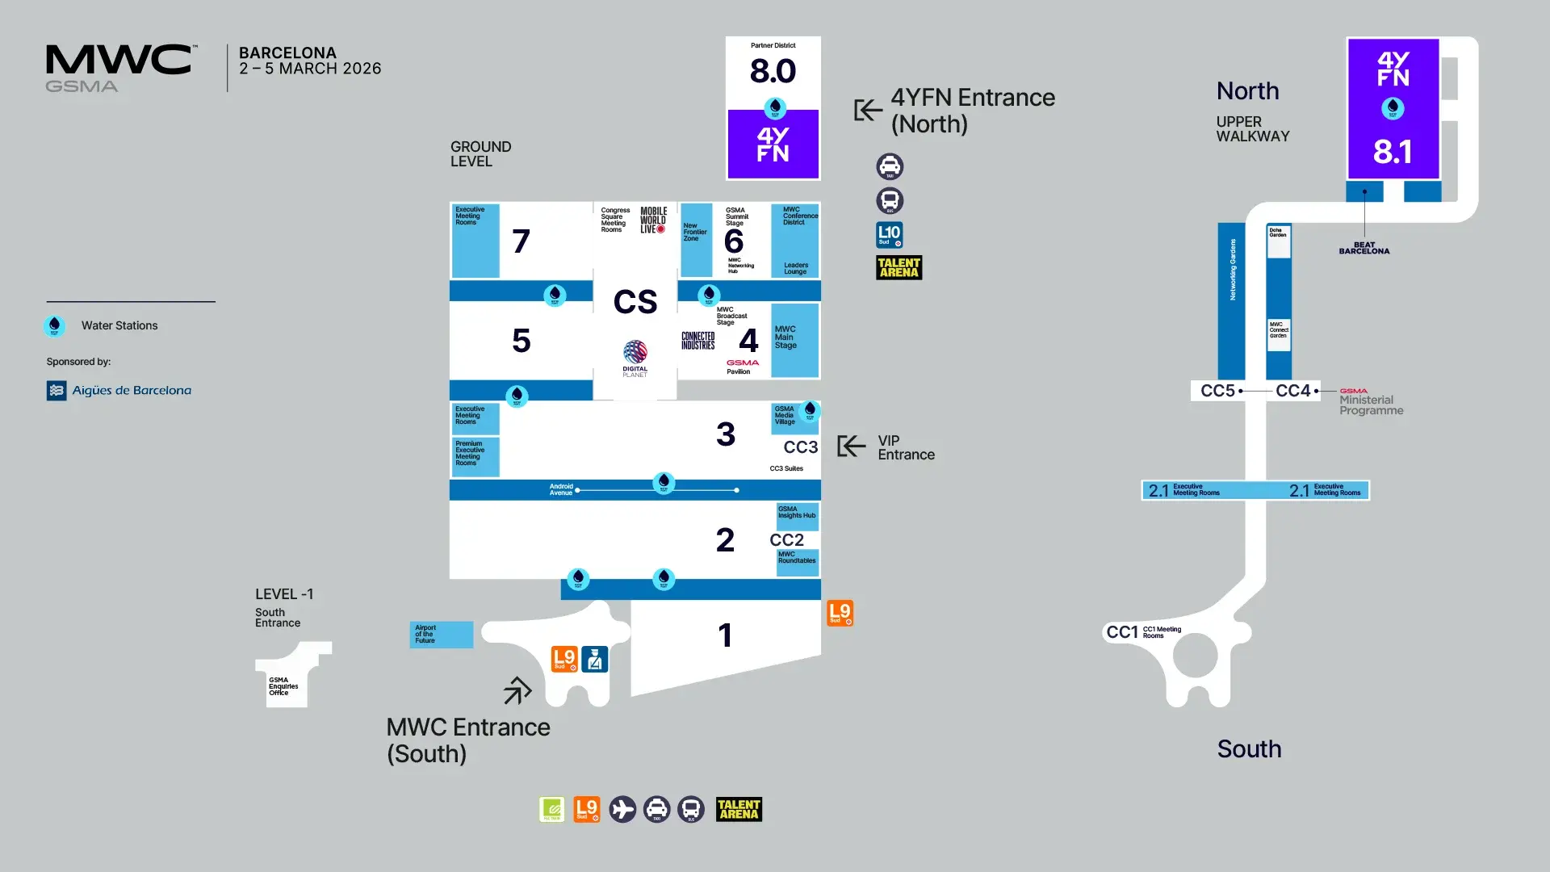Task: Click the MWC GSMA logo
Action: pos(119,68)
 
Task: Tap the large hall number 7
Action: pos(521,241)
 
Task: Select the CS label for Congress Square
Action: pos(635,302)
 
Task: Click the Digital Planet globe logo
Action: pos(635,353)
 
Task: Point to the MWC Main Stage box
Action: pos(794,340)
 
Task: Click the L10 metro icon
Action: pos(890,235)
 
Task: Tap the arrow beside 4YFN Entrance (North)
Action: pos(868,110)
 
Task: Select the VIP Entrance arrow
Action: pos(851,446)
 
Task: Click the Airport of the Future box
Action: pos(441,634)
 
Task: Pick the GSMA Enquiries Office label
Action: pos(283,686)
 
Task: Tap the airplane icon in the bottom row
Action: pos(622,809)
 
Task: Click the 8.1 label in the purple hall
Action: pos(1393,152)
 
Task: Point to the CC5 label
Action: pos(1217,391)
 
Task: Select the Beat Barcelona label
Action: pos(1364,248)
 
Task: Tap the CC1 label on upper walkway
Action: pos(1122,632)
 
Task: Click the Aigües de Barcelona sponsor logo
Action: pos(119,391)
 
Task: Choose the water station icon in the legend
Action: pos(54,326)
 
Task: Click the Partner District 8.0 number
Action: pos(773,71)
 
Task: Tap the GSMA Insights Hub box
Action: pos(797,514)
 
